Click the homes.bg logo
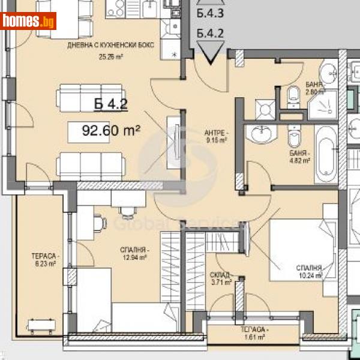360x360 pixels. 29,21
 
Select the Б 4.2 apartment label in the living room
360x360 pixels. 111,104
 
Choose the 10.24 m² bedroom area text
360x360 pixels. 310,276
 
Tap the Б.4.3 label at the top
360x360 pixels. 210,13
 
